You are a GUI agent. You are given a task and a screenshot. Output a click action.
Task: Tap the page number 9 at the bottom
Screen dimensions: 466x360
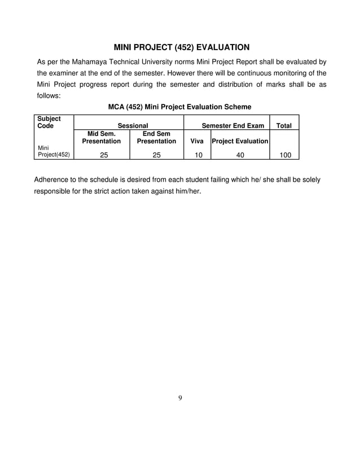pyautogui.click(x=180, y=398)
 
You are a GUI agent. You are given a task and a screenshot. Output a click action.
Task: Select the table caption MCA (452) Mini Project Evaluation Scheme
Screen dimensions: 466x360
pyautogui.click(x=179, y=107)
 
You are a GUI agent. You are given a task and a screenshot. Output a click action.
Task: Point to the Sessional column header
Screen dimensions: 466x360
pyautogui.click(x=133, y=126)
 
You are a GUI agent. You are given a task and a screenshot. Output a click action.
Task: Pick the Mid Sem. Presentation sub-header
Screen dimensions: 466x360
pyautogui.click(x=102, y=137)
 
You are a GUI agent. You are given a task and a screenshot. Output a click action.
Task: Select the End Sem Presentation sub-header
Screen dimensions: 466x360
pyautogui.click(x=156, y=137)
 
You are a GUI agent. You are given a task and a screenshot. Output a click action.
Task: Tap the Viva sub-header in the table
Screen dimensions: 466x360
pyautogui.click(x=197, y=141)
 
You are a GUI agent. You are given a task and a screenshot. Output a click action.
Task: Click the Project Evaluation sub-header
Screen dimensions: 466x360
pyautogui.click(x=240, y=141)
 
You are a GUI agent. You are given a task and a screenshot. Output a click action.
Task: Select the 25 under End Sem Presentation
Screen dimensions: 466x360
pyautogui.click(x=157, y=153)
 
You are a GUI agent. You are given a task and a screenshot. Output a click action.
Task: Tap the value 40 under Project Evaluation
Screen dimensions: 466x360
pyautogui.click(x=240, y=153)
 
